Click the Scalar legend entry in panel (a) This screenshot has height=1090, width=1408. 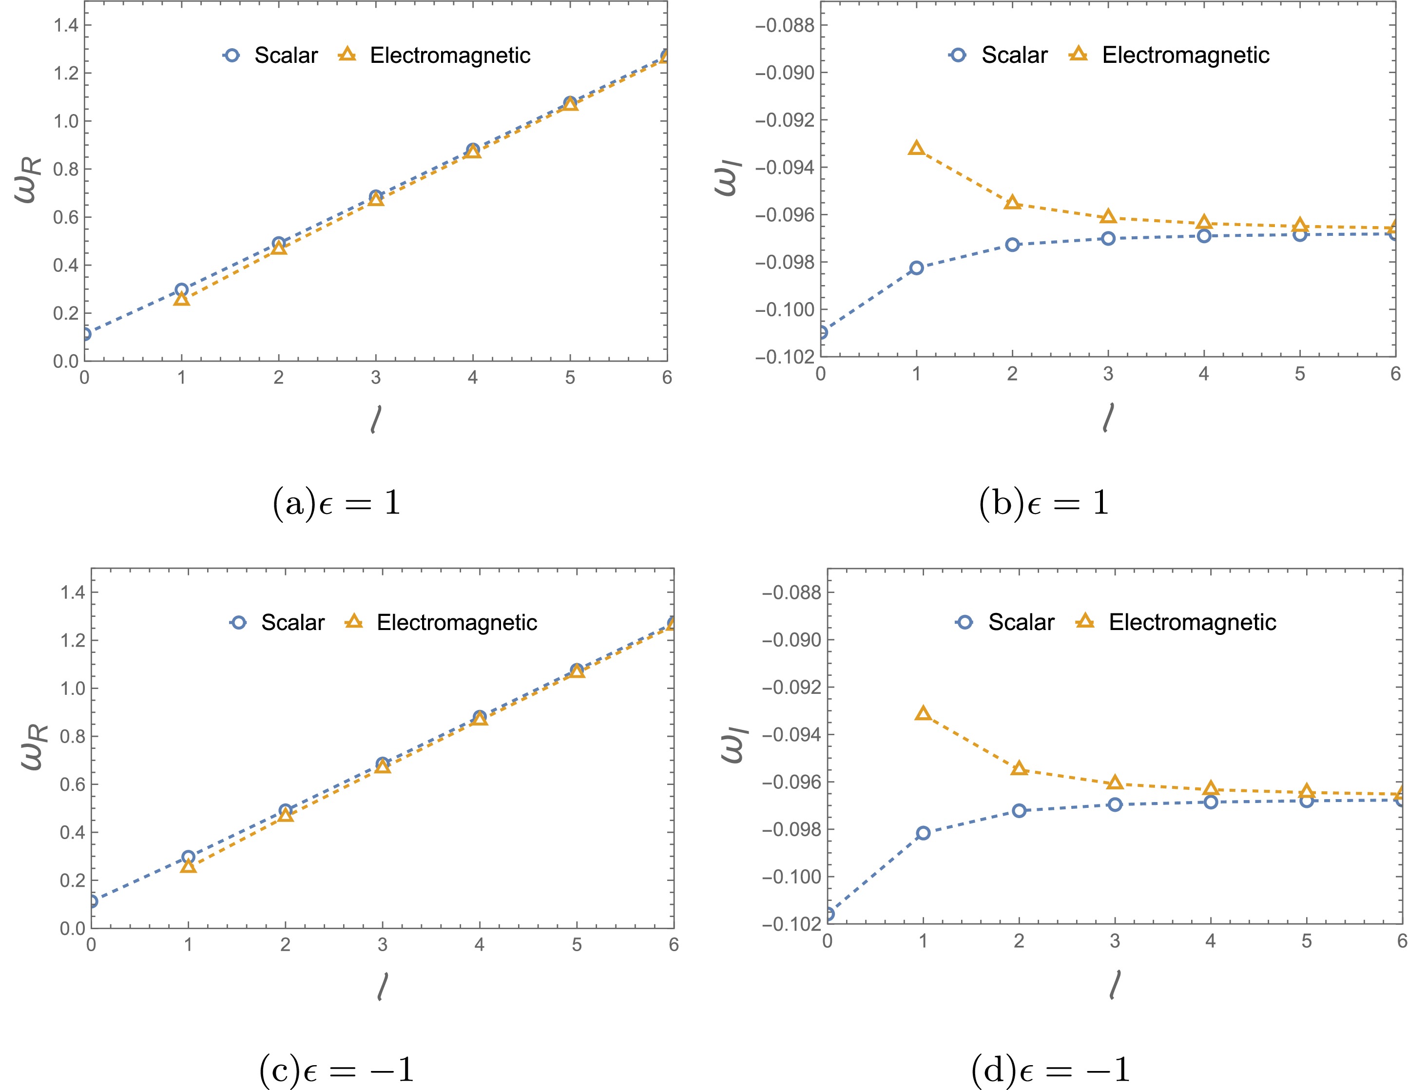(x=271, y=56)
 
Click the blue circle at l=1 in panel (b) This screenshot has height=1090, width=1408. (x=916, y=268)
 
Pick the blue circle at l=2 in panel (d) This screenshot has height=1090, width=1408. (x=1019, y=810)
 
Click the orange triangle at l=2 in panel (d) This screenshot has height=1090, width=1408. (x=1019, y=768)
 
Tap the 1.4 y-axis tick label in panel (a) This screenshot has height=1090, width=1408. (x=65, y=26)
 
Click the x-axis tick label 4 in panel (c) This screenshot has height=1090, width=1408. (x=479, y=945)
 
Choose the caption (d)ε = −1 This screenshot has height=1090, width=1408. (x=1050, y=1071)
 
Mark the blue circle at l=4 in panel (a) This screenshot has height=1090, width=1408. (x=473, y=150)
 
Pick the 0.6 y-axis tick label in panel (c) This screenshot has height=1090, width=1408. (x=72, y=784)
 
